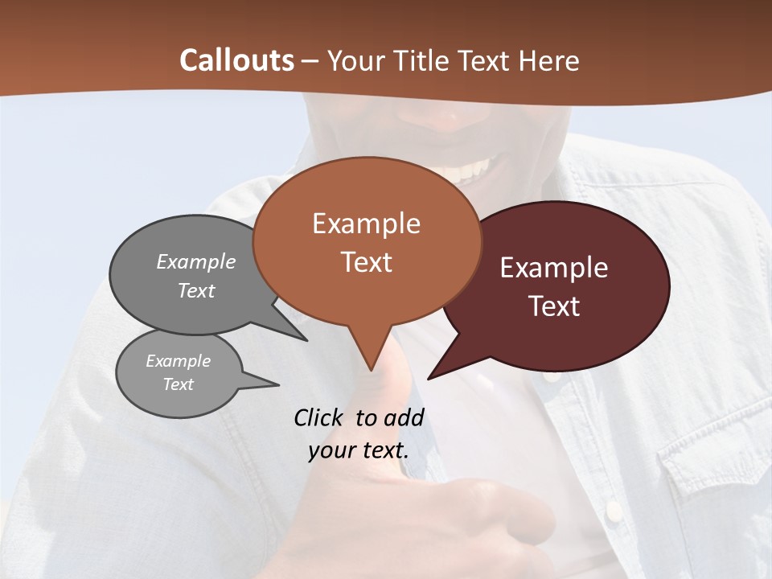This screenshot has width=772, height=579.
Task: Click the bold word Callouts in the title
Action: (236, 60)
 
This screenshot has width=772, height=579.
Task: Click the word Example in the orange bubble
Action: (366, 224)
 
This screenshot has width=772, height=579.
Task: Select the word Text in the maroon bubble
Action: (554, 306)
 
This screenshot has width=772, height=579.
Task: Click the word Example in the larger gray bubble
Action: (196, 261)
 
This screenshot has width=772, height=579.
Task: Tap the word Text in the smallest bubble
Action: (179, 384)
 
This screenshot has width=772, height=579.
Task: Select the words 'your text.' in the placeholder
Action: (358, 450)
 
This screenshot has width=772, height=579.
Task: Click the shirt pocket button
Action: (614, 508)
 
